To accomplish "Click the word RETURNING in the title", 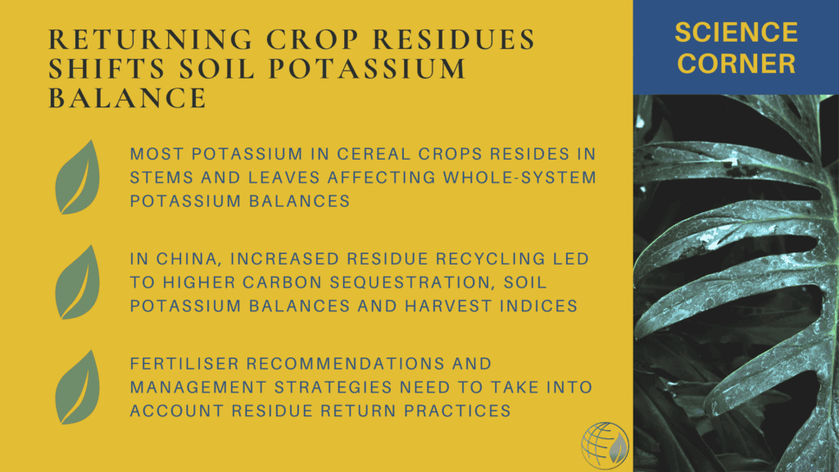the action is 151,39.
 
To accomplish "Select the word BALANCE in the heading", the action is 127,98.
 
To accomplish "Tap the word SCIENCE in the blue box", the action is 737,33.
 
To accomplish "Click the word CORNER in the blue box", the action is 737,64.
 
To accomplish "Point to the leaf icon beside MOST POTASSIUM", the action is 78,177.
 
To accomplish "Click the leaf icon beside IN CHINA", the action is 78,282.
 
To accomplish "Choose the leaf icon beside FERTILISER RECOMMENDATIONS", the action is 78,387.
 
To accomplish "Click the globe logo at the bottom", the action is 605,445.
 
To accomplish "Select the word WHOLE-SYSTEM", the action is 519,178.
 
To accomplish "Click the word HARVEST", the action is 448,306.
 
